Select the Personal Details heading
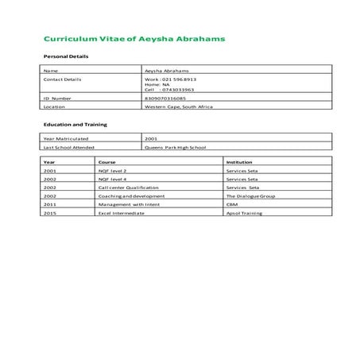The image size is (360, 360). (65, 57)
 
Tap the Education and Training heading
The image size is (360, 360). (75, 125)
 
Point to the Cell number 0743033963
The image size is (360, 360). (177, 90)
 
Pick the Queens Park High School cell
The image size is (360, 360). (178, 147)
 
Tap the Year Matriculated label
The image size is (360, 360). (66, 139)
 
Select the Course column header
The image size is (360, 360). (106, 162)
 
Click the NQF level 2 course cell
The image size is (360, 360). (112, 171)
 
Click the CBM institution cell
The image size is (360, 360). (231, 204)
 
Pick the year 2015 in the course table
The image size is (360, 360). (50, 213)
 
